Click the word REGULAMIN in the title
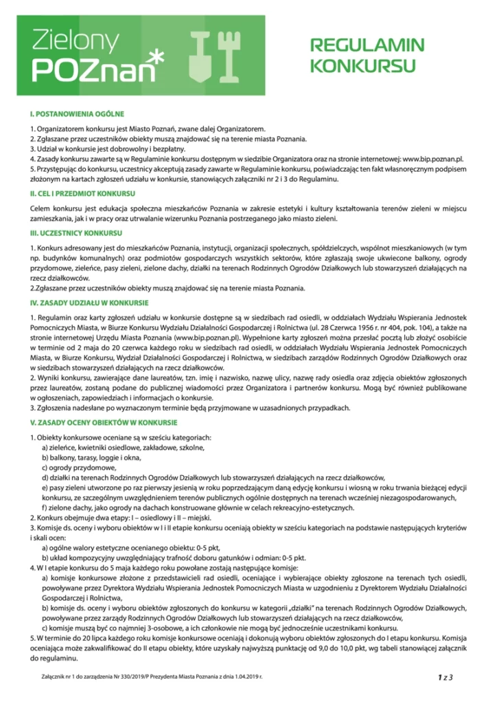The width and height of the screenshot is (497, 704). pyautogui.click(x=367, y=46)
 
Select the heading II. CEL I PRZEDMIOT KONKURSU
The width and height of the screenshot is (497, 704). pyautogui.click(x=86, y=193)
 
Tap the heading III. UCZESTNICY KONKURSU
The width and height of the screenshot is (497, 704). pyautogui.click(x=76, y=234)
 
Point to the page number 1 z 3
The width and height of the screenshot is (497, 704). pyautogui.click(x=446, y=678)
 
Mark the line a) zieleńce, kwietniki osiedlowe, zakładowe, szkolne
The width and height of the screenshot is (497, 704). pyautogui.click(x=123, y=447)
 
